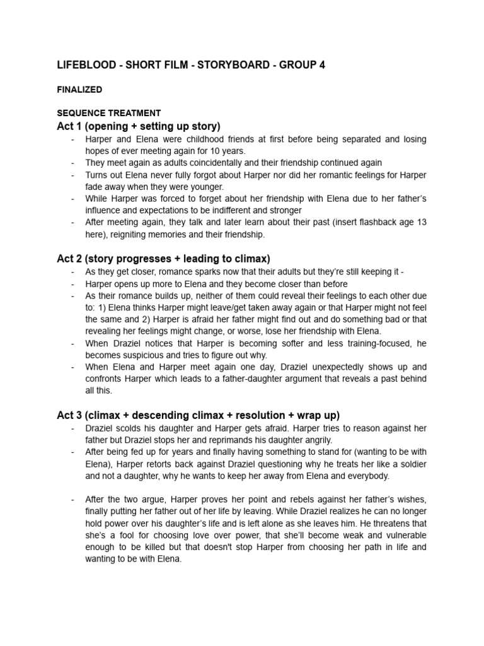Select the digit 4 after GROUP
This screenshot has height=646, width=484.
[321, 65]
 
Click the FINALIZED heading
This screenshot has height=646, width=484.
[79, 90]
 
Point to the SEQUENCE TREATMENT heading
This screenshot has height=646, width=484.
[108, 113]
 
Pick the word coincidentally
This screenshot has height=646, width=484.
[201, 163]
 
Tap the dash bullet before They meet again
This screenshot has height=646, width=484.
[74, 163]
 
